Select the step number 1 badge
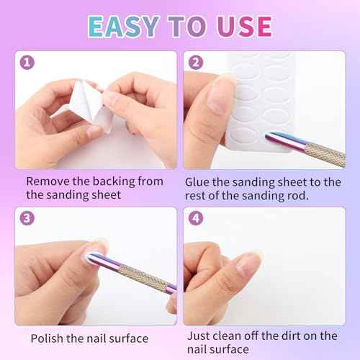(27, 63)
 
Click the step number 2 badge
(196, 63)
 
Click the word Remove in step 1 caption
(48, 181)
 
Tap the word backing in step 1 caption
(117, 181)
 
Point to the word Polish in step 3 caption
(48, 338)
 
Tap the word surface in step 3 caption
(129, 338)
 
